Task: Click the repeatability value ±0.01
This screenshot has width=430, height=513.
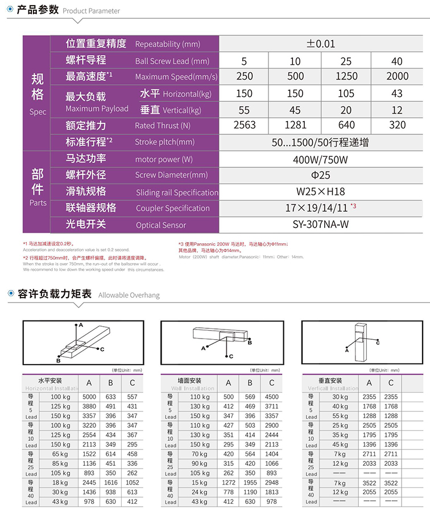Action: coord(321,44)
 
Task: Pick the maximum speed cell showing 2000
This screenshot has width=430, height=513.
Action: coord(397,76)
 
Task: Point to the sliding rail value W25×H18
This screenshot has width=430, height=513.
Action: coord(321,191)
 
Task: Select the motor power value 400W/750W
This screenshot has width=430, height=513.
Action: coord(321,160)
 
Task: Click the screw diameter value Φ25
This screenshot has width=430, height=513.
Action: coord(321,175)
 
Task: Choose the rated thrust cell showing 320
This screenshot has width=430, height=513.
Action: coord(397,125)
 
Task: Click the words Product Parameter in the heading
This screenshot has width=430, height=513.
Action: coord(91,11)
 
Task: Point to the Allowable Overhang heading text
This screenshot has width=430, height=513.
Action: coord(129,295)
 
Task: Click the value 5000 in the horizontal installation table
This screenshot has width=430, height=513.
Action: coord(89,397)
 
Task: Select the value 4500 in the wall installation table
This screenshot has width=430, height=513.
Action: coord(272,397)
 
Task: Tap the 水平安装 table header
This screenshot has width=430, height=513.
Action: coord(50,380)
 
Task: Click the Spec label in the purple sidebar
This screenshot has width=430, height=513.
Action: coord(38,112)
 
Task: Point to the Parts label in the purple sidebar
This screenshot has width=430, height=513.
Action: coord(38,203)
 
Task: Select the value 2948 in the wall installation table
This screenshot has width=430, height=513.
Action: coord(272,482)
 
